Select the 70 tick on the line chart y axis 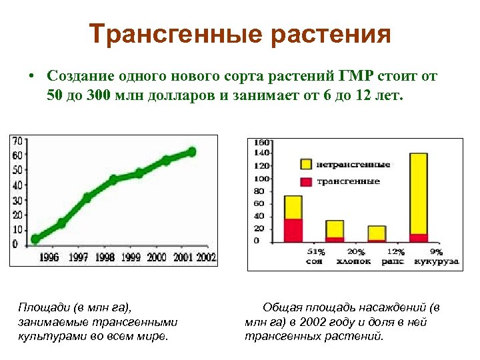click(18, 141)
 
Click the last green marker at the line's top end click(191, 152)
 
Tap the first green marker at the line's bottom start click(35, 239)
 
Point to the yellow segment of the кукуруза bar click(419, 193)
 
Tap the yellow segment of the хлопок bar click(335, 228)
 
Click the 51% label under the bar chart click(315, 252)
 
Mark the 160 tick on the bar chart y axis click(261, 142)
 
